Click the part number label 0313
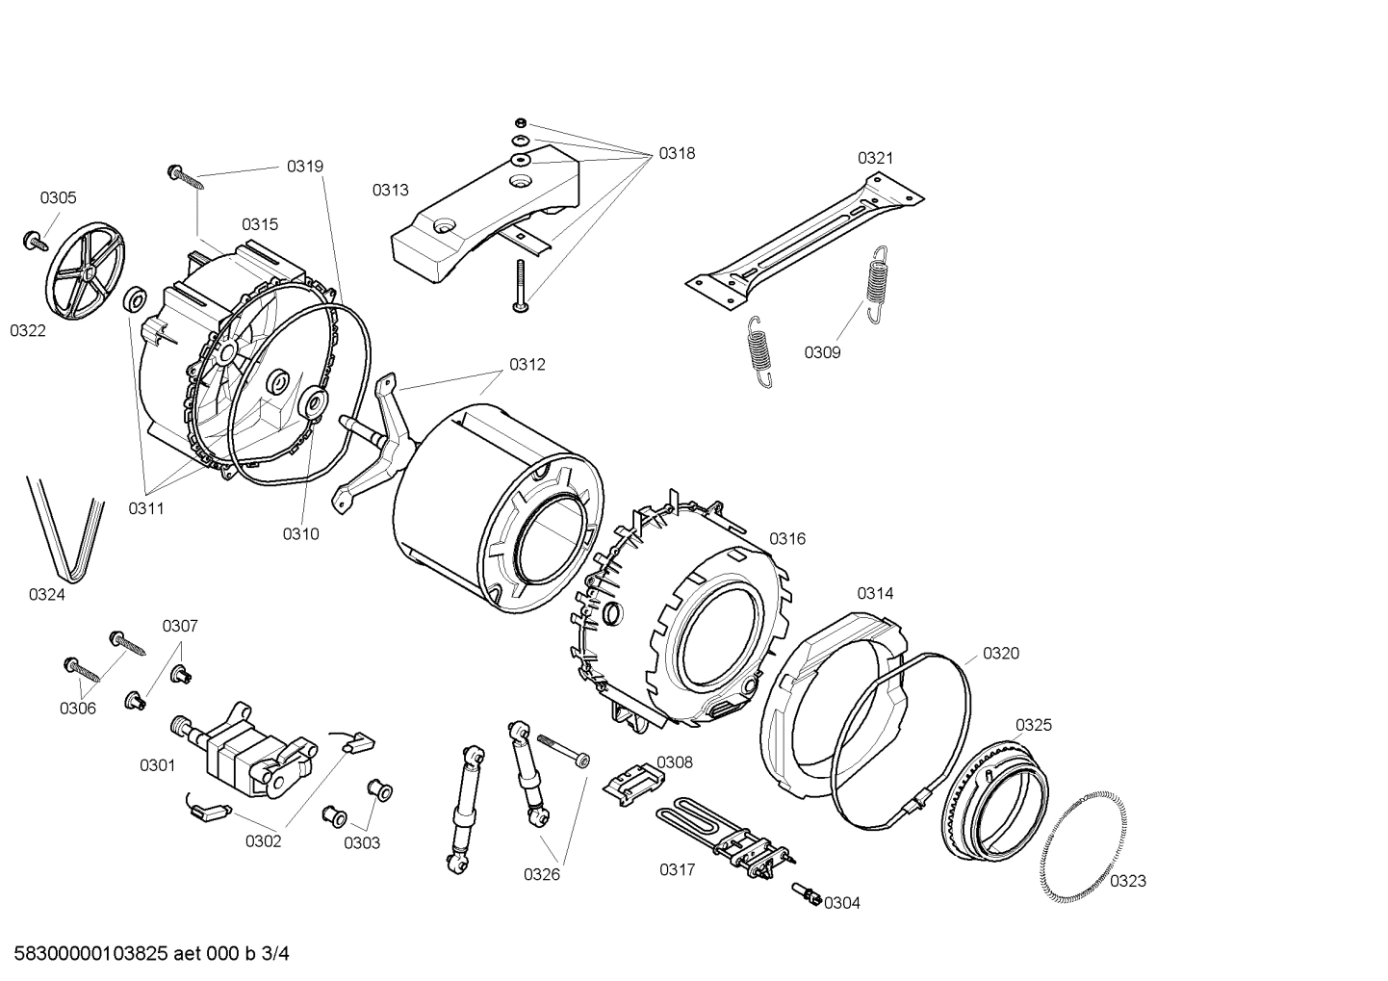(x=391, y=190)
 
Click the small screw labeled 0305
(x=35, y=240)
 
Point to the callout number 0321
(x=876, y=158)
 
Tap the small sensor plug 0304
(x=806, y=894)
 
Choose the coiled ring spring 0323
(x=1083, y=847)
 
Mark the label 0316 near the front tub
(x=786, y=539)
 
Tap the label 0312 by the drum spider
(x=527, y=365)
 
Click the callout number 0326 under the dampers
(x=542, y=874)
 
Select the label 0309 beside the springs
(x=823, y=352)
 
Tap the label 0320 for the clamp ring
(x=1001, y=654)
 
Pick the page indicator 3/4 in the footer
(x=275, y=954)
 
